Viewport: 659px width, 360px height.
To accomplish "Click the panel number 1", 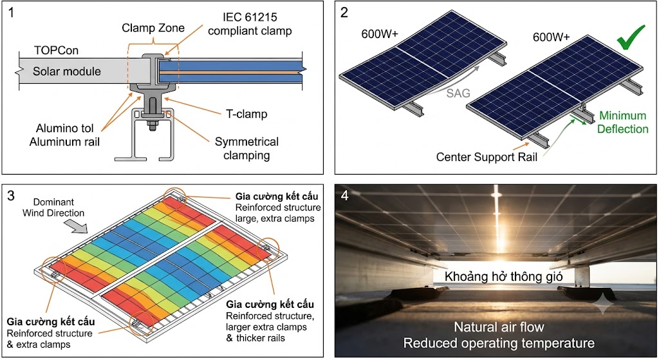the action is coord(12,13).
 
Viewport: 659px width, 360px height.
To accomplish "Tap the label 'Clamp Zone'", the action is coord(153,28).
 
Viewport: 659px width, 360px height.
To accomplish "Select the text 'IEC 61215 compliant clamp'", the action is coord(250,24).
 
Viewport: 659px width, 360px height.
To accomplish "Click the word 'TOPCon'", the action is coord(57,50).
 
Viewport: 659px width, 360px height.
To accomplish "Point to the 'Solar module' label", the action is coord(67,71).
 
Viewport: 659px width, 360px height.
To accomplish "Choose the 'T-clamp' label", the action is coord(246,114).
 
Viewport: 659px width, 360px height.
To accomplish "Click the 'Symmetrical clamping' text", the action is coord(246,149).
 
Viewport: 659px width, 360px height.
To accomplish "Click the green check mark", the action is coord(631,37).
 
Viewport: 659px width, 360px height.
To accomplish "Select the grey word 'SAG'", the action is coord(458,93).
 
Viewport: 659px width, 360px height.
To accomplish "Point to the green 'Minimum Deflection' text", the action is coord(623,122).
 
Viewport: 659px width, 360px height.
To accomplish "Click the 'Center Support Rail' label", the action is coord(487,157).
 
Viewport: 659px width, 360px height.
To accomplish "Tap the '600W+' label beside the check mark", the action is coord(551,37).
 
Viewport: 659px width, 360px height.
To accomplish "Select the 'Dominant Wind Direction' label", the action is coord(53,207).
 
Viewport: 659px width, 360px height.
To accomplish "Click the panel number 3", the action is coord(12,196).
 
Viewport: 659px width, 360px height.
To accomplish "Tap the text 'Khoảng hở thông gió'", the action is coord(503,276).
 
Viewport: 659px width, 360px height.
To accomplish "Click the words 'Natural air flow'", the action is coord(499,327).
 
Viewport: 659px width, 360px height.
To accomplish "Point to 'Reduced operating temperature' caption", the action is coord(499,343).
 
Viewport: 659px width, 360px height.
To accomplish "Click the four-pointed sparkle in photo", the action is coord(602,304).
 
